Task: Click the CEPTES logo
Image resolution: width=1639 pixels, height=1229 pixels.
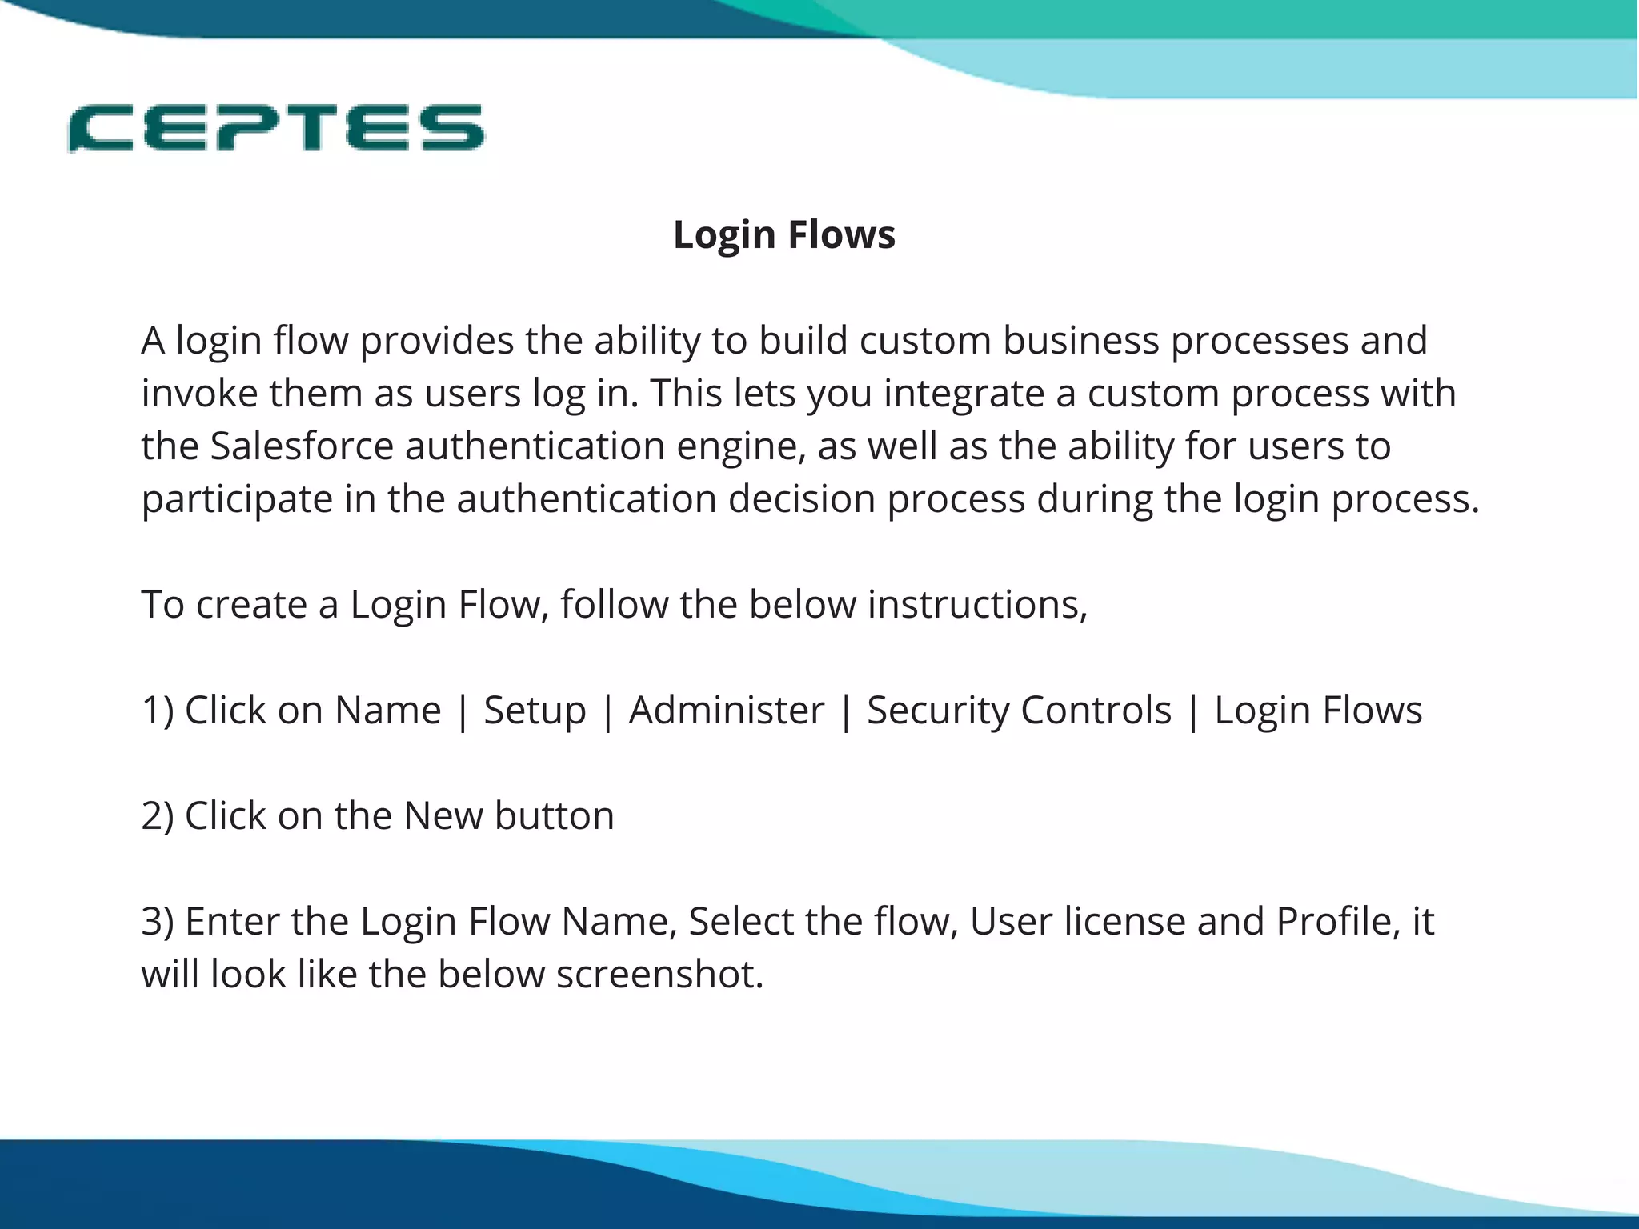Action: click(276, 128)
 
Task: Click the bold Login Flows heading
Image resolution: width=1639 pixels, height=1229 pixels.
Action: click(784, 235)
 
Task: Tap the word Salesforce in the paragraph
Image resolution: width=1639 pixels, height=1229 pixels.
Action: click(302, 446)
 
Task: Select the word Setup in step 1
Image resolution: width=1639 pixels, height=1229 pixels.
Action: click(535, 711)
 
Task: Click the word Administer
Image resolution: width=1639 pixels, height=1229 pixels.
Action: click(726, 711)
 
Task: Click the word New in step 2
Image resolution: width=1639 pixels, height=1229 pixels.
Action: click(443, 816)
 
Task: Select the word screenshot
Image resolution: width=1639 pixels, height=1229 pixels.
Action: click(659, 975)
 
